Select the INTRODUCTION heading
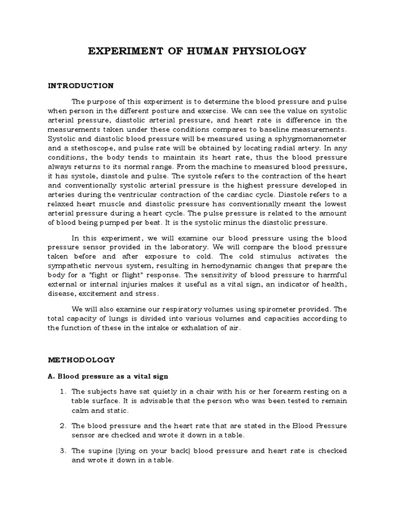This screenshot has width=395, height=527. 80,85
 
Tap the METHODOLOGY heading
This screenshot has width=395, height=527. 81,359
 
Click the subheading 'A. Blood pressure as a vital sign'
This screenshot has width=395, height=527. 108,376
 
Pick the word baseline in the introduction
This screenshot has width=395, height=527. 281,129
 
